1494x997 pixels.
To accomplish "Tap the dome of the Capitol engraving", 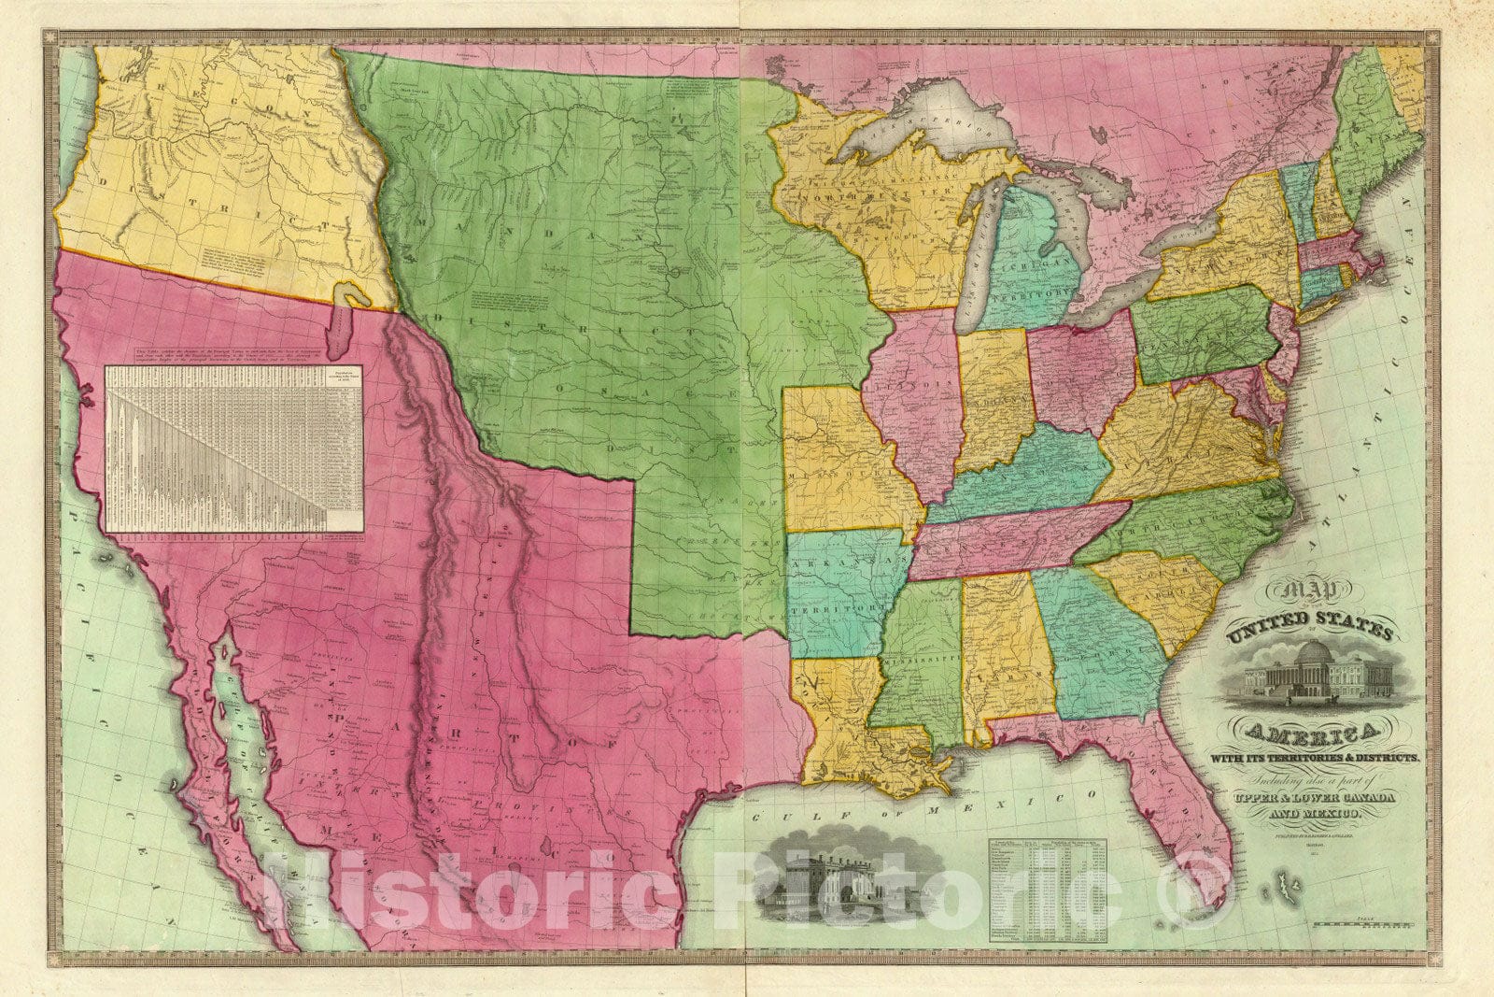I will point(1312,652).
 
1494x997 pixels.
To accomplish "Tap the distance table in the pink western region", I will point(233,449).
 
